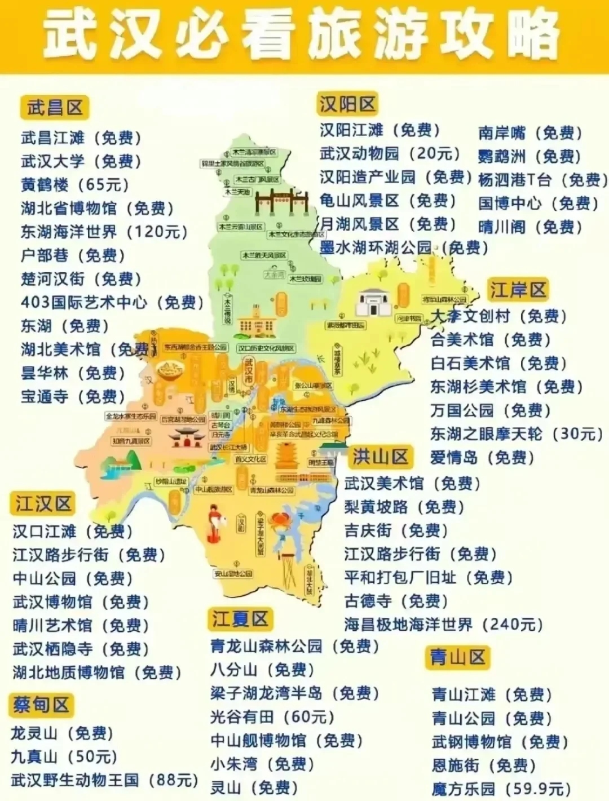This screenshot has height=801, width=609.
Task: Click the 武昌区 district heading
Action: pos(55,107)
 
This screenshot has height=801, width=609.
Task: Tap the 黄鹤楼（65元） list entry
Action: pos(75,185)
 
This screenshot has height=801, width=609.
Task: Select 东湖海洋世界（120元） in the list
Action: pos(104,232)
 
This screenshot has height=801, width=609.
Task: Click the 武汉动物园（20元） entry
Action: pos(390,153)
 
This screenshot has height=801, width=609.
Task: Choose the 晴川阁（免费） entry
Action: pos(530,227)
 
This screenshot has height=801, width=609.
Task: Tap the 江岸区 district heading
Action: pos(518,290)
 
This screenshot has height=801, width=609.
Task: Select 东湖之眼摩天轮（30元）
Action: pos(517,433)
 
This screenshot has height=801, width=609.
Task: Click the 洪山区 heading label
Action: pos(380,456)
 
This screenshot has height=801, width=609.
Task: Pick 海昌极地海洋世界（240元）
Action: pos(444,625)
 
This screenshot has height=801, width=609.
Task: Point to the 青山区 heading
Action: pos(457,657)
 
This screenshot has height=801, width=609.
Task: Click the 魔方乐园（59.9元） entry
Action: pos(502,789)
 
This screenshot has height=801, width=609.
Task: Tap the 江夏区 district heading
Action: pos(240,618)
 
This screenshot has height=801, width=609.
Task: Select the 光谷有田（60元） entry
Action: pos(272,717)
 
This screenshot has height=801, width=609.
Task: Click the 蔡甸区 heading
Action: pos(41,704)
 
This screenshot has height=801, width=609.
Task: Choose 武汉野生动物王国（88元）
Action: pos(104,780)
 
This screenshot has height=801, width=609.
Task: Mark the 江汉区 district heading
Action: pos(43,503)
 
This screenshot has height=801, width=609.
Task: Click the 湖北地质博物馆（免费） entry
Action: pos(97,672)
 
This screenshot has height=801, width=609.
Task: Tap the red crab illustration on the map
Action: pos(280,521)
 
